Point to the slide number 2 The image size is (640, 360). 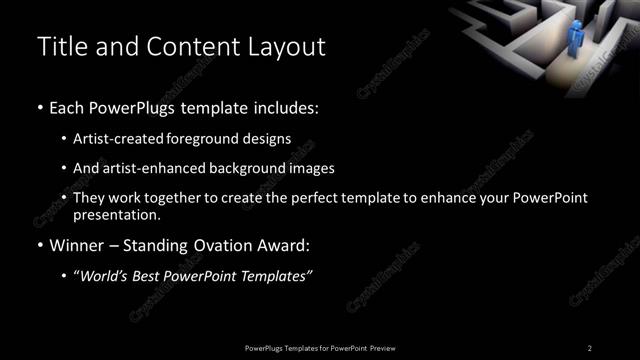coord(590,347)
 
